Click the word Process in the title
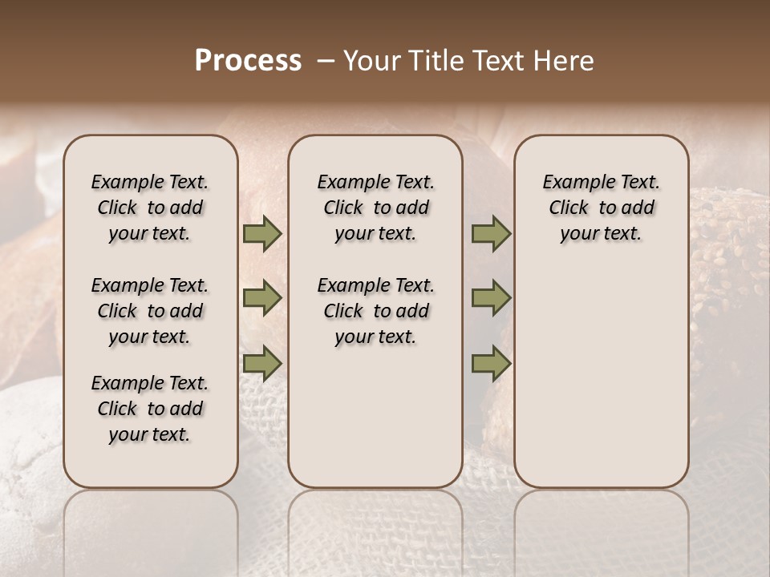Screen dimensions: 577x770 point(248,61)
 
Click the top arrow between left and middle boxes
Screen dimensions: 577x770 point(261,234)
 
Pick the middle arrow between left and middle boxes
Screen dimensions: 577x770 point(261,299)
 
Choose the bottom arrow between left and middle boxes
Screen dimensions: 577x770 point(261,364)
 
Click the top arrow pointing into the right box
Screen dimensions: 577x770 point(491,234)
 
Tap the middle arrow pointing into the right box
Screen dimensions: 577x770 point(491,299)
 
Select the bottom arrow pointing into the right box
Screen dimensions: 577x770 point(491,364)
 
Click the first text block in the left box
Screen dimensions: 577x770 point(150,208)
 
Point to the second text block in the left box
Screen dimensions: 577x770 point(150,311)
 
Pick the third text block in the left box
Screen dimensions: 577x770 point(150,409)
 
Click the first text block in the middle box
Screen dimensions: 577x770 point(375,208)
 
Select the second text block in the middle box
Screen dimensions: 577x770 point(375,311)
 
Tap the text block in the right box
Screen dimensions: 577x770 point(601,208)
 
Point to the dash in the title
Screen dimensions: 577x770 point(326,61)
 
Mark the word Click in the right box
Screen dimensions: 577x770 point(569,208)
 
